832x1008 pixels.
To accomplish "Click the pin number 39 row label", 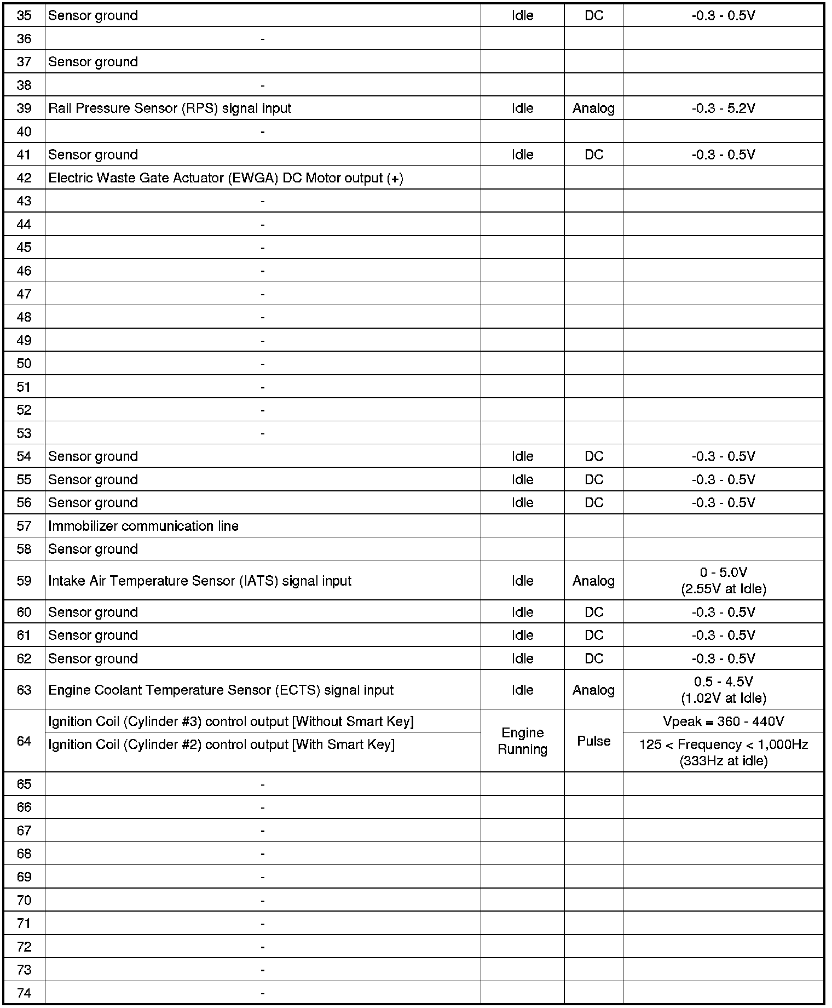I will pos(24,108).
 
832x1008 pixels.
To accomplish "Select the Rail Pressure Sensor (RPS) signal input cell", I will pos(170,108).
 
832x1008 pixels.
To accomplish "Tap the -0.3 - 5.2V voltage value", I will pos(723,108).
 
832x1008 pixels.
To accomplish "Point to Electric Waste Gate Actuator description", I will pos(226,178).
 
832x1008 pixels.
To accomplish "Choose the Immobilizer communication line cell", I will pos(143,526).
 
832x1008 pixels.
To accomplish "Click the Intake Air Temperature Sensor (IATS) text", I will pos(200,581).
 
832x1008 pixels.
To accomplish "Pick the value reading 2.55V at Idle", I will pos(723,589).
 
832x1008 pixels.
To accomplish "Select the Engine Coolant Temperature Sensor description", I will pos(221,690).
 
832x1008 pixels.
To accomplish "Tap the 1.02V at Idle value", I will pos(723,698).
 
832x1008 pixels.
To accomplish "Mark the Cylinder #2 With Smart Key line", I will pos(221,745).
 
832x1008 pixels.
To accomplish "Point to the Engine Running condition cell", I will pos(522,741).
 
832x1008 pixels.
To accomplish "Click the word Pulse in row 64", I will pos(593,741).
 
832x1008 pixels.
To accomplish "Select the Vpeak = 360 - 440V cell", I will pos(723,721).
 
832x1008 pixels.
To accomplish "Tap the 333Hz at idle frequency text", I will pos(723,761).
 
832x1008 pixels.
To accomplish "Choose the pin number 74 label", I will pos(24,993).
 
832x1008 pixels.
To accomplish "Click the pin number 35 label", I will pos(24,15).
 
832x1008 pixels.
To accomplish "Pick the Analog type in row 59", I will pos(593,581).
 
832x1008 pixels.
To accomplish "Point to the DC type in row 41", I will pos(593,155).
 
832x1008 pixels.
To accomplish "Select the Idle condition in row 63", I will pos(522,690).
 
